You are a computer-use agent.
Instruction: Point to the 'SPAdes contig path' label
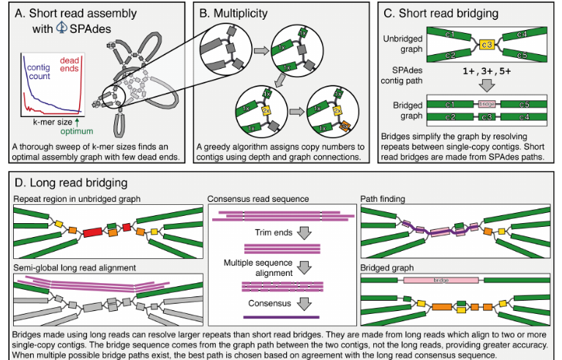tap(407, 76)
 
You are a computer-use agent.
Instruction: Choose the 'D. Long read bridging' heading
tap(65, 181)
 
